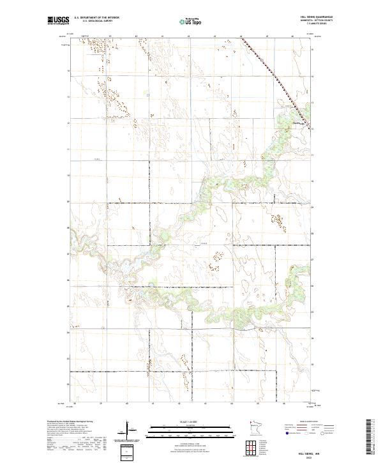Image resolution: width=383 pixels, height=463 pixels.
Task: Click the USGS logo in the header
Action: point(59,21)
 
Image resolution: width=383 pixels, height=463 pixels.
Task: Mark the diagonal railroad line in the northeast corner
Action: point(274,74)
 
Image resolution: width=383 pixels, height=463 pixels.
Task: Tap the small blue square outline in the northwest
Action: point(147,95)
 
